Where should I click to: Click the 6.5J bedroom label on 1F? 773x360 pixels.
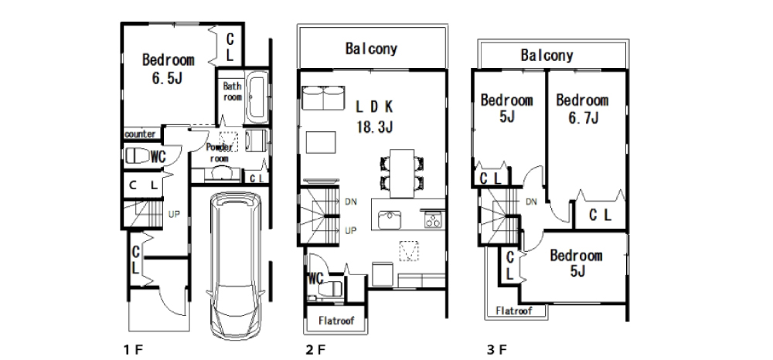pyautogui.click(x=168, y=69)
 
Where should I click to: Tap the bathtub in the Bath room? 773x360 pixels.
pyautogui.click(x=257, y=98)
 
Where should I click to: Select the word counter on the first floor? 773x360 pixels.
pyautogui.click(x=140, y=134)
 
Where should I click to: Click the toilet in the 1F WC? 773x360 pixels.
pyautogui.click(x=138, y=156)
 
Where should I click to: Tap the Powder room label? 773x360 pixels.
pyautogui.click(x=219, y=153)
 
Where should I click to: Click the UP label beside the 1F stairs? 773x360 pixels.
pyautogui.click(x=174, y=214)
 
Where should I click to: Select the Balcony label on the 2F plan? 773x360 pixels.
pyautogui.click(x=371, y=49)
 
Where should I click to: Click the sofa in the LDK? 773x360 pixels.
pyautogui.click(x=322, y=98)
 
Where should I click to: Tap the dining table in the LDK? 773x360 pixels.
pyautogui.click(x=402, y=172)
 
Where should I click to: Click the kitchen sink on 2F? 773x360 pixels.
pyautogui.click(x=390, y=219)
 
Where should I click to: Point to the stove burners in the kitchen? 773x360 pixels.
pyautogui.click(x=432, y=218)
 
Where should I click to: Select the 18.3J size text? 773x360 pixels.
pyautogui.click(x=375, y=127)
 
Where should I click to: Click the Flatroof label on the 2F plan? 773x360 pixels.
pyautogui.click(x=336, y=321)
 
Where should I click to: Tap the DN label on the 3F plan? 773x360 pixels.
pyautogui.click(x=531, y=202)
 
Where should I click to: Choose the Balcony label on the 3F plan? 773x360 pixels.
pyautogui.click(x=547, y=55)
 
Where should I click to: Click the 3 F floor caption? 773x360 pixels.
pyautogui.click(x=496, y=350)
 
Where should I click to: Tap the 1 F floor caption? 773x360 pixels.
pyautogui.click(x=133, y=350)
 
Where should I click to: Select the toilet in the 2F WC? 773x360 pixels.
pyautogui.click(x=330, y=289)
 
